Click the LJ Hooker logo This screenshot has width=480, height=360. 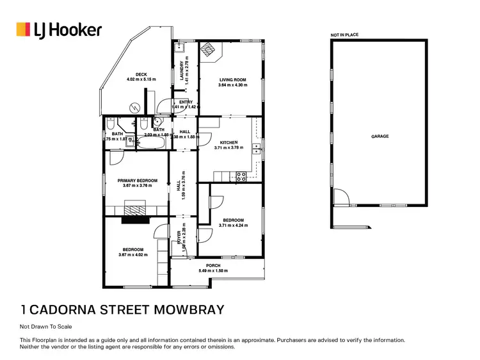(x=58, y=29)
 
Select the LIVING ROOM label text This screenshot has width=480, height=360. (x=232, y=80)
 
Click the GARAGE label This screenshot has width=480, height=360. (x=380, y=136)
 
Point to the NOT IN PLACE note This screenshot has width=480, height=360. (x=344, y=35)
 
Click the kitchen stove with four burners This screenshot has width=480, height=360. (x=242, y=177)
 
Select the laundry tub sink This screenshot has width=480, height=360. (x=181, y=48)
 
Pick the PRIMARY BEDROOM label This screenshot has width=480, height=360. (x=137, y=181)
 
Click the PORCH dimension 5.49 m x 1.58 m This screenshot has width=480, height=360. (x=212, y=271)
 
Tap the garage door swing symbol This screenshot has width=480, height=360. (x=340, y=199)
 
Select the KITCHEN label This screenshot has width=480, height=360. (x=228, y=142)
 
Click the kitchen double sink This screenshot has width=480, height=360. (x=255, y=150)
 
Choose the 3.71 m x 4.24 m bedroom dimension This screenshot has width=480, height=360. (x=232, y=225)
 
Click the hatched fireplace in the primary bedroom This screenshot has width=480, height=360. (x=135, y=208)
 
